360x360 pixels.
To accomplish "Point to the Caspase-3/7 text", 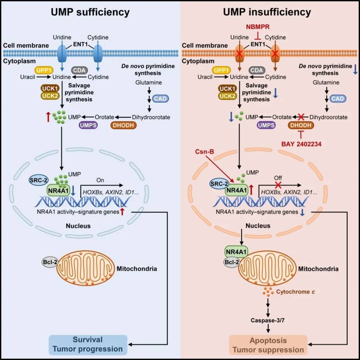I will click(268, 320).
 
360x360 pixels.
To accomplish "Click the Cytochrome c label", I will click(295, 292).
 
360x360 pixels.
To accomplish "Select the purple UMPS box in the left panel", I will click(87, 125).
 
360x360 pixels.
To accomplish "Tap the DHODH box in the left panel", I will click(123, 125).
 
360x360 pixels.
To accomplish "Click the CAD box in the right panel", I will click(338, 99).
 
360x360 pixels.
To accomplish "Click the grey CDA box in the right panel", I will click(257, 70).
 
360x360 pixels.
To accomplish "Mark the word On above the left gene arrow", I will click(100, 180).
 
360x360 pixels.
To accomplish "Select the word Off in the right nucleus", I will click(278, 178).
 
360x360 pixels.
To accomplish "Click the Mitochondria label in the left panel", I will click(137, 268).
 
